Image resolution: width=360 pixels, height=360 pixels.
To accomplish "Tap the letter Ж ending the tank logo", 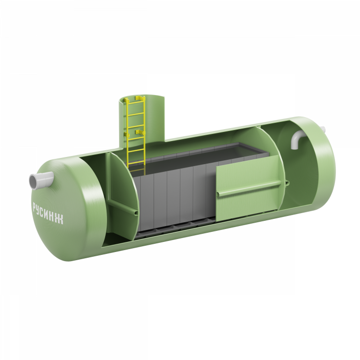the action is click(60, 219).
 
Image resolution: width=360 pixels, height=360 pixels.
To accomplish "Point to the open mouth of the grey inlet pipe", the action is click(33, 181).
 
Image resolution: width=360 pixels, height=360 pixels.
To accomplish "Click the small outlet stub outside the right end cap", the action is click(323, 130).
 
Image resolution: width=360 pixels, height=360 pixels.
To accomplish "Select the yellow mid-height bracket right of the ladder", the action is click(140, 132).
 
